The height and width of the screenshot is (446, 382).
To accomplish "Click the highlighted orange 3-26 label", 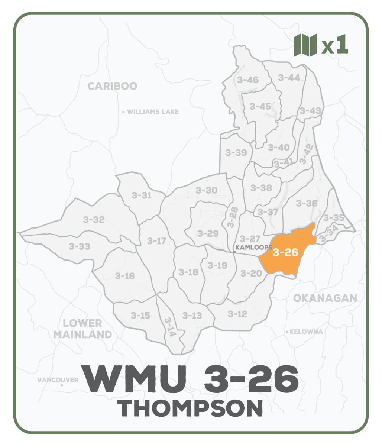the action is [285, 252].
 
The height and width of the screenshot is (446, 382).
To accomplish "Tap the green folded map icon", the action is [305, 45].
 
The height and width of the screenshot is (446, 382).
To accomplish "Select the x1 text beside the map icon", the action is [335, 45].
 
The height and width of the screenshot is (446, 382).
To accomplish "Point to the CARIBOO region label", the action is [112, 86].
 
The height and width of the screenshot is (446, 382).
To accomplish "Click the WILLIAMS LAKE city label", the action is [153, 112].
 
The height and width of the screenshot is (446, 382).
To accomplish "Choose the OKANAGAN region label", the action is [325, 298].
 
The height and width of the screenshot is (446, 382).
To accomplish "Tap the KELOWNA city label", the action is [306, 332].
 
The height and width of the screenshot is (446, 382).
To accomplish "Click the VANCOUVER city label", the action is [58, 380].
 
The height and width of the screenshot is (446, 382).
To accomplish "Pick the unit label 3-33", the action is [79, 246].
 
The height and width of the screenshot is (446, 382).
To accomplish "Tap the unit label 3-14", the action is [169, 327].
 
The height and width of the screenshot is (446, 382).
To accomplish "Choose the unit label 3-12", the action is [237, 314].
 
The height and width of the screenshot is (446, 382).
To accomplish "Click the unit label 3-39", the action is [236, 152].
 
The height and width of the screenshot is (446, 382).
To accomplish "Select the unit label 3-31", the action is [142, 195].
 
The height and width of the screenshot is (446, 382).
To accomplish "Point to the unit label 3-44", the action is [289, 78].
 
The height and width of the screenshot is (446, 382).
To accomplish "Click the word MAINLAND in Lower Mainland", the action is [82, 334].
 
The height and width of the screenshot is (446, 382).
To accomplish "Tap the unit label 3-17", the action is [156, 241].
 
